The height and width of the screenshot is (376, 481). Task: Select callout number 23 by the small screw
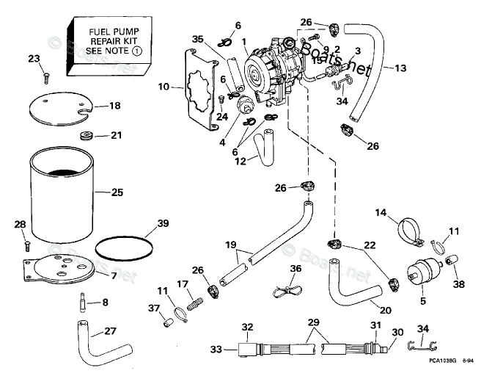34,59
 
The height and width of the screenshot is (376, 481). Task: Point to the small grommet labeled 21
85,136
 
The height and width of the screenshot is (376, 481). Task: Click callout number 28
20,224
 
